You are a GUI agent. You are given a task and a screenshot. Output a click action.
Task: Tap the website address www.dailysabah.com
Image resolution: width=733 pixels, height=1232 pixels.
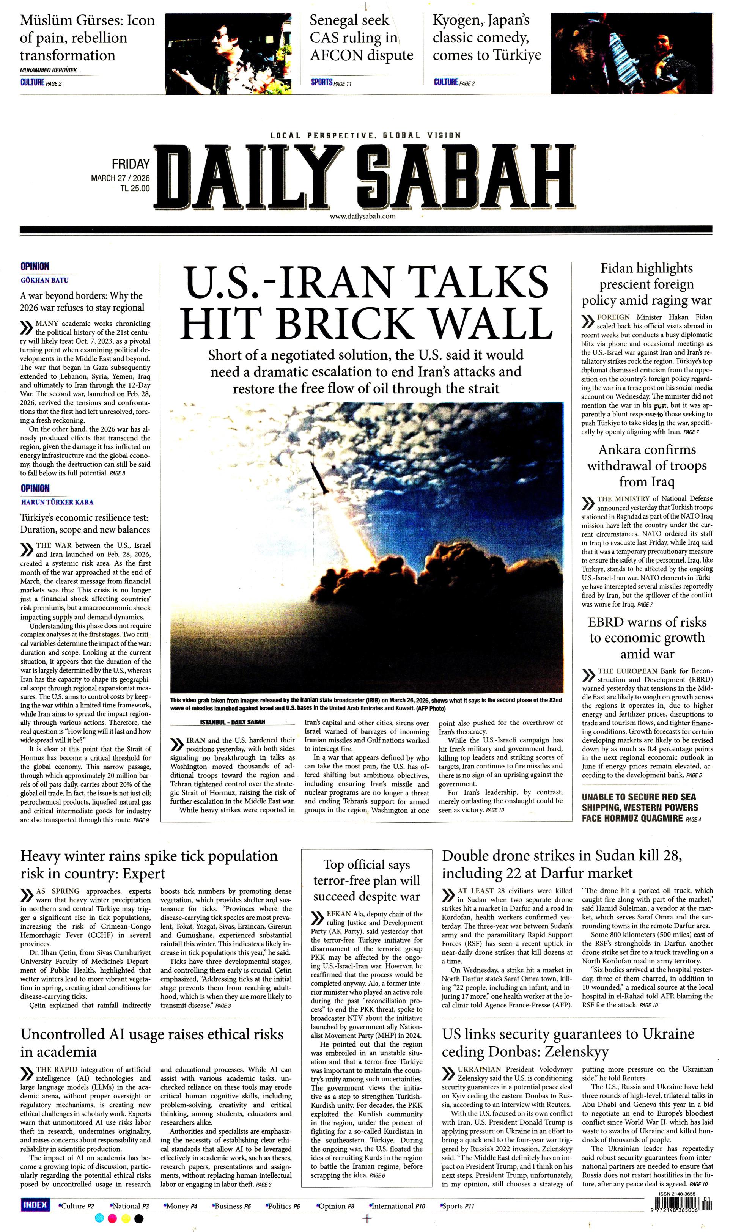363,216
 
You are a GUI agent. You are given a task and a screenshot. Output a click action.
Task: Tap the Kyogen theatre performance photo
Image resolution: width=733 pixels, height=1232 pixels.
631,53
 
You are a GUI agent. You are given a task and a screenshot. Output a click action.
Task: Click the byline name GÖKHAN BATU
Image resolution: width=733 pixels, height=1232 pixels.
44,280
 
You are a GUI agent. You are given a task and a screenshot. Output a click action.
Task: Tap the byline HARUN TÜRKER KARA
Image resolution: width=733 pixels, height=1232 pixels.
57,502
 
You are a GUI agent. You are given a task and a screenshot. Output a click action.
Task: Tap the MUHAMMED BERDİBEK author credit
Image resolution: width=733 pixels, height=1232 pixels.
49,71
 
